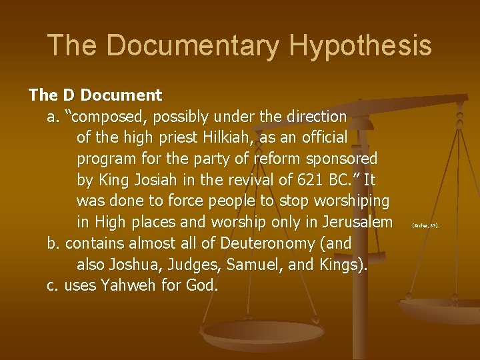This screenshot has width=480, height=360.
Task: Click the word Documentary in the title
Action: tap(193, 45)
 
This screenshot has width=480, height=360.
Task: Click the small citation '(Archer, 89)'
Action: tap(425, 226)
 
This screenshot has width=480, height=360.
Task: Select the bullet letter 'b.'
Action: tap(53, 243)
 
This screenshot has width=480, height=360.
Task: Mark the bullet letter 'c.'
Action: tap(53, 285)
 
